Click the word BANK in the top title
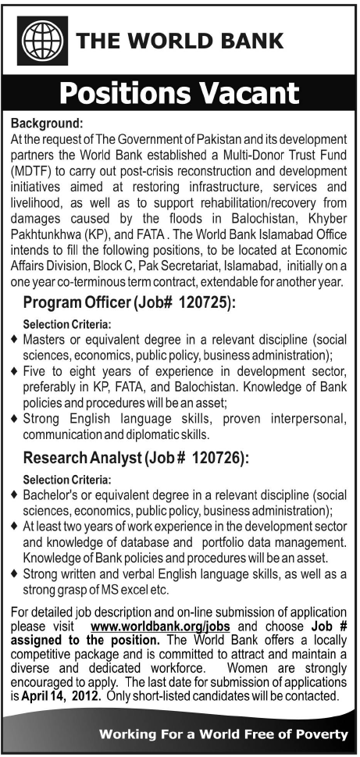[248, 39]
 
